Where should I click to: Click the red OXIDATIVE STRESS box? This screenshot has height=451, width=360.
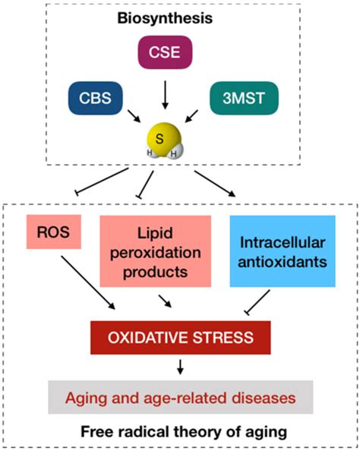click(179, 335)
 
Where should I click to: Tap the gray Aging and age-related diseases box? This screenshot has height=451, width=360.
click(179, 397)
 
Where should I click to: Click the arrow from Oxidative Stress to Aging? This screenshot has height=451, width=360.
click(179, 366)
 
